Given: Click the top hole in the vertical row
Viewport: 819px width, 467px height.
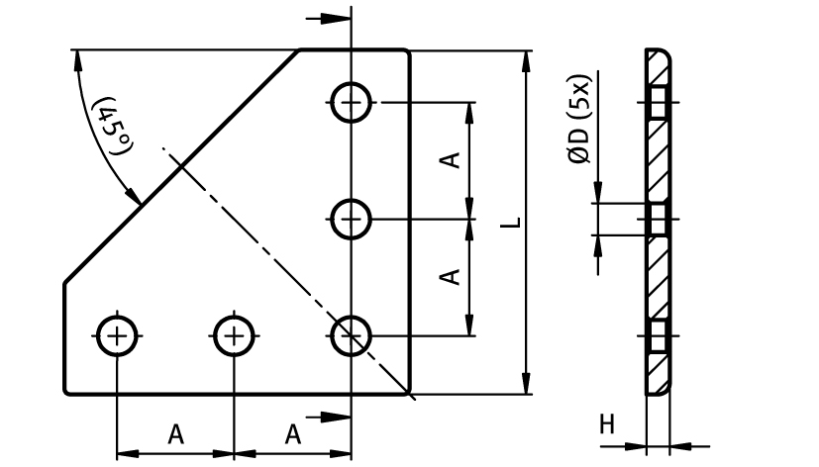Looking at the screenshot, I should [351, 102].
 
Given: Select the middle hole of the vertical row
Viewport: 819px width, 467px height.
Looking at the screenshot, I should [351, 219].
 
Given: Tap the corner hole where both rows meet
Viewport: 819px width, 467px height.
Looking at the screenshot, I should [351, 335].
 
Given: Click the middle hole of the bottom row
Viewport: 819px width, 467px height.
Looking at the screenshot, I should [234, 335].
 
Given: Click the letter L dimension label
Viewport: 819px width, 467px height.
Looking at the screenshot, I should [509, 223].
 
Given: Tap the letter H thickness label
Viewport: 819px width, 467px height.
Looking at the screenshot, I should [607, 425].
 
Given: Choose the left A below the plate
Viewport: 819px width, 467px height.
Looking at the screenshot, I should [175, 433].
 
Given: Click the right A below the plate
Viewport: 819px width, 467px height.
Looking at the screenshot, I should [293, 433].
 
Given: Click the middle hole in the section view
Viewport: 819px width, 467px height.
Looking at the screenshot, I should [659, 219].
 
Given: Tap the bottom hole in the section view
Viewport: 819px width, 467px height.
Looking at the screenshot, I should [659, 335].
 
